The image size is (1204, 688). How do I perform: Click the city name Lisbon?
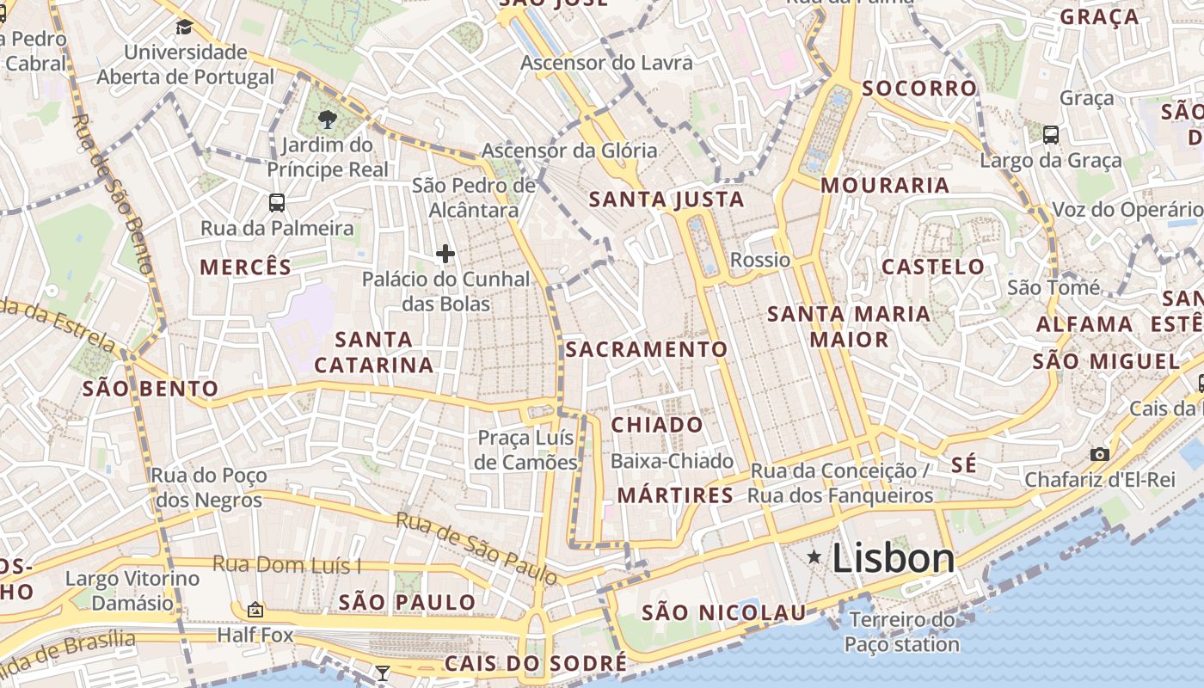tap(893, 558)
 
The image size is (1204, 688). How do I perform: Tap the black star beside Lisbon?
tap(814, 557)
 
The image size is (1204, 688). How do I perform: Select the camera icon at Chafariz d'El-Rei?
tap(1099, 454)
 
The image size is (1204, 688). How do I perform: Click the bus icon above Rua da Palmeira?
tap(276, 203)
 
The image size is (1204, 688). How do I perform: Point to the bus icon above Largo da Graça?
tap(1050, 135)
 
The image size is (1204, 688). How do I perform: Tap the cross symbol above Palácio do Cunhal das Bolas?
tap(445, 254)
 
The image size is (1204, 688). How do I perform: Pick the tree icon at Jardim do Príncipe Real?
tap(326, 120)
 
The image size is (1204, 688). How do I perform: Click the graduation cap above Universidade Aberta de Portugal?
tap(184, 28)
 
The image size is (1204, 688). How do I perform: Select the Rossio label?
tap(759, 260)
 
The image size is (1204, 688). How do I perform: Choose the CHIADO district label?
tap(657, 425)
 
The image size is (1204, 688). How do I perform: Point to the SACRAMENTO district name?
tap(647, 349)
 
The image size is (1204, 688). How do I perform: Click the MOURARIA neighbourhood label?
tap(885, 186)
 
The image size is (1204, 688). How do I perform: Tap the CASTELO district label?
tap(933, 267)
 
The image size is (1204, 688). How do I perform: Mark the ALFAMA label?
tap(1084, 324)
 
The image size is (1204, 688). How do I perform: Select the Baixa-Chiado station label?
tap(672, 462)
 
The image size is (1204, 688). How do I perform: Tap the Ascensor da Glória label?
tap(568, 150)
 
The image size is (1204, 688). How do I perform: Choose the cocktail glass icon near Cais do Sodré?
tap(383, 673)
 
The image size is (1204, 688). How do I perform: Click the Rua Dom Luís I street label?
tap(286, 565)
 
